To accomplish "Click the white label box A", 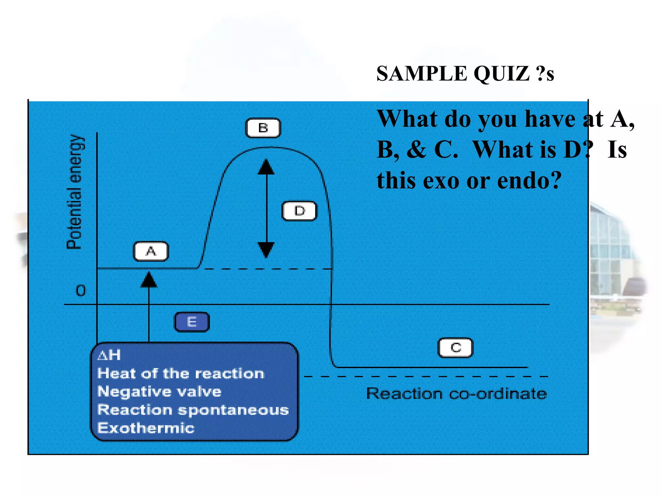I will pos(151,251).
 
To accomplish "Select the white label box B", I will pos(263,128).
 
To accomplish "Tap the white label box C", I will pos(455,348).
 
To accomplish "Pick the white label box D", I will pos(300,211).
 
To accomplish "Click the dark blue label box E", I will pos(192,322).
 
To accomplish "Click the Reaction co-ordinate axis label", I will pos(456,394).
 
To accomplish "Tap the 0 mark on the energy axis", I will pos(81,291).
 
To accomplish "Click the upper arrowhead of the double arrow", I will pos(266,167).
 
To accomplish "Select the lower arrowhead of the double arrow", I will pos(266,250).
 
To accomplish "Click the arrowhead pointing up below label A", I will pos(149,280).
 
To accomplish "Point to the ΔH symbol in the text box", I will pos(109,355).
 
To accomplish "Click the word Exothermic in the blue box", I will pos(146,428).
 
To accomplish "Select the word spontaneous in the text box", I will pos(233,410).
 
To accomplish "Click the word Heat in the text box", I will pos(117,374).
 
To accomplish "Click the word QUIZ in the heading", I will pos(501,74).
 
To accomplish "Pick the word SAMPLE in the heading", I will pos(422,74).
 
